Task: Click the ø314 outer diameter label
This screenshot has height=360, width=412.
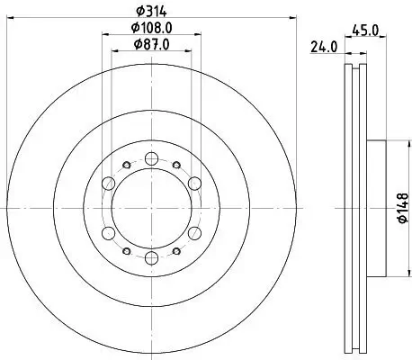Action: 152,10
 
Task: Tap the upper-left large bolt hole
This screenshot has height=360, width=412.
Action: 108,184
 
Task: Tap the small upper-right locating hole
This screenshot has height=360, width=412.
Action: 177,164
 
